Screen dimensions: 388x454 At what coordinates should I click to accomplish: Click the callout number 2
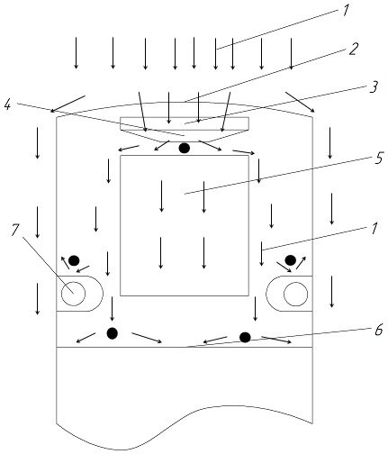tap(354, 49)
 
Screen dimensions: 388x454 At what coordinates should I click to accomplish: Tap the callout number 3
tap(374, 86)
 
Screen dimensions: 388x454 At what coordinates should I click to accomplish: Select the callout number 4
tap(8, 104)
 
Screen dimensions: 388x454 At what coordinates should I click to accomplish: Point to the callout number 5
tap(379, 158)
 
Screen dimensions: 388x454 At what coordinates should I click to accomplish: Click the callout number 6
tap(379, 330)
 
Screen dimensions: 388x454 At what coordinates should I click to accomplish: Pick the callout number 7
tap(15, 230)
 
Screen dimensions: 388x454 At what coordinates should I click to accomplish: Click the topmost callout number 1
tap(346, 10)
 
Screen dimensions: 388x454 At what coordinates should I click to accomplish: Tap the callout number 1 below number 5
tap(374, 229)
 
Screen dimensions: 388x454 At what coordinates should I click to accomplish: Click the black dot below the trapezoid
tap(185, 148)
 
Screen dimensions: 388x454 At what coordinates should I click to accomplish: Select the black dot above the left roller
tap(74, 260)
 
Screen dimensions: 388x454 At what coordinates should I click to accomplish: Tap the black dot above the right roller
tap(290, 260)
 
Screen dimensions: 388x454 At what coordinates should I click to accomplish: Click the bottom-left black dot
tap(113, 333)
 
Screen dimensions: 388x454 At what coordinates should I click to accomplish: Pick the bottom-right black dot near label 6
tap(245, 337)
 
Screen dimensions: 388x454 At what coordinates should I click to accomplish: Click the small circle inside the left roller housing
tap(73, 294)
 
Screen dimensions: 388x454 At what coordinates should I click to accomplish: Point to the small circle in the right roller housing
tap(295, 294)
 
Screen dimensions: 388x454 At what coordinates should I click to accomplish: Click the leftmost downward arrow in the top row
tap(77, 53)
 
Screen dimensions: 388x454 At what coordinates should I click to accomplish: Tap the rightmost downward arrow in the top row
tap(291, 54)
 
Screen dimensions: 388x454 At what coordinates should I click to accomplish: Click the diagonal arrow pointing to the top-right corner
tap(300, 102)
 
